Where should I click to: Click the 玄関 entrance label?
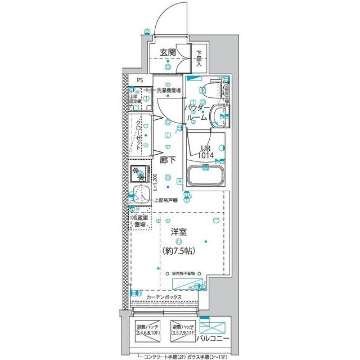click(168, 53)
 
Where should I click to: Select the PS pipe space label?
click(139, 80)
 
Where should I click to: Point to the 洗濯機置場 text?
click(168, 90)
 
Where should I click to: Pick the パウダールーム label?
click(196, 112)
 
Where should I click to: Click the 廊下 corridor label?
click(168, 160)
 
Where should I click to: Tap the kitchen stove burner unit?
click(138, 174)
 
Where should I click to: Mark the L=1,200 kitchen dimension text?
click(155, 184)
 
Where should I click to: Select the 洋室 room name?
click(179, 232)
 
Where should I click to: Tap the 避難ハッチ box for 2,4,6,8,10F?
click(147, 330)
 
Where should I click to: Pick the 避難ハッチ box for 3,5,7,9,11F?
click(183, 330)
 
